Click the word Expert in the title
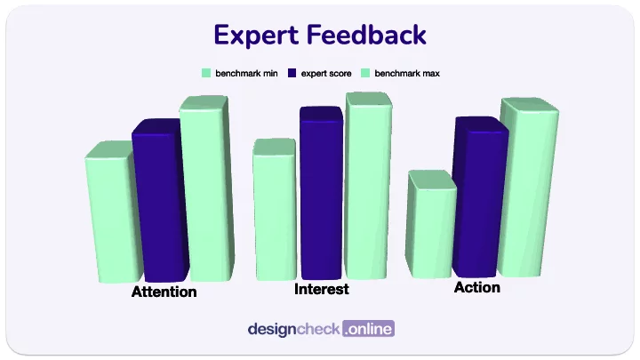tap(255, 35)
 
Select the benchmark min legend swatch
tap(206, 73)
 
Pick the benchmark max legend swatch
tap(365, 73)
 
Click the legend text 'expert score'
tap(325, 73)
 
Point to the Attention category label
tap(164, 292)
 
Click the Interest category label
tap(321, 290)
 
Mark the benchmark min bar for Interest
tap(274, 212)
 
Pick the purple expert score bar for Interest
tap(321, 196)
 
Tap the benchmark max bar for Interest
tap(368, 187)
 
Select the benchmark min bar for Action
tap(431, 227)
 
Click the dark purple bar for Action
tap(478, 200)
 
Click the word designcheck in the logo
tap(293, 329)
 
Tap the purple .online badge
tap(368, 329)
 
